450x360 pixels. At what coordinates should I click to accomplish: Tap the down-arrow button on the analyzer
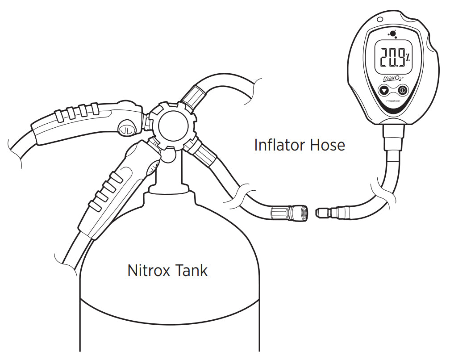384,90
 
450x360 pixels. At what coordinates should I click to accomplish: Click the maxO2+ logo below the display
393,78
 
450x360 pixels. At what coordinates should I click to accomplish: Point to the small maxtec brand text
393,101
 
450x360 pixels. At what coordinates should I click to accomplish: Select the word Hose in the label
327,145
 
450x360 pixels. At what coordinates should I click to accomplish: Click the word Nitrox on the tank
149,270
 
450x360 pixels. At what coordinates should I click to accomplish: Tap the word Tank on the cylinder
191,270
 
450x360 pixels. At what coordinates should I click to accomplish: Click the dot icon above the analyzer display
392,34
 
